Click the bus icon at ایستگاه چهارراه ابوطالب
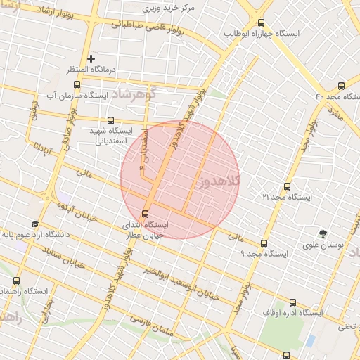[262, 22]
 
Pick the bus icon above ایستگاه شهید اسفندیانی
[110, 120]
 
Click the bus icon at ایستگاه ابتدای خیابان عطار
[146, 213]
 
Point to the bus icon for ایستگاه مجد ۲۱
[286, 186]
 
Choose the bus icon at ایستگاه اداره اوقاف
[292, 302]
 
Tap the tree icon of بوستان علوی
[323, 233]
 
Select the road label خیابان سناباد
[64, 257]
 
